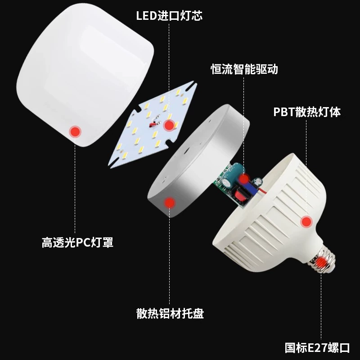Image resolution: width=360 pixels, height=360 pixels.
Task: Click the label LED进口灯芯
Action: pyautogui.click(x=169, y=16)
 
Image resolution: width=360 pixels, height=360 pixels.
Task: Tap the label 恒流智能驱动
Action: pyautogui.click(x=244, y=69)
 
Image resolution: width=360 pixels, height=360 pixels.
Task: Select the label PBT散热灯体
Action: pyautogui.click(x=307, y=112)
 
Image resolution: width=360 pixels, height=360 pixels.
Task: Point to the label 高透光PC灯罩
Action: pyautogui.click(x=77, y=242)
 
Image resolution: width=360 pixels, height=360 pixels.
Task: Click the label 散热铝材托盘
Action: pyautogui.click(x=170, y=313)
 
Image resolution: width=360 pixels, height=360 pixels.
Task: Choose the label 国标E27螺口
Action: pyautogui.click(x=317, y=347)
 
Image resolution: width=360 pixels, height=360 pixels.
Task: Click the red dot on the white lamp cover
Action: pyautogui.click(x=75, y=132)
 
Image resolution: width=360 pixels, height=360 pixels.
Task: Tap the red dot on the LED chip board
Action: pyautogui.click(x=169, y=126)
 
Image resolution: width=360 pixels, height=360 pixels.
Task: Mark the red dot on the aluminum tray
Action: pyautogui.click(x=170, y=203)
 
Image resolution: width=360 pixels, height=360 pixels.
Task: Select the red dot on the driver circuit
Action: pyautogui.click(x=244, y=179)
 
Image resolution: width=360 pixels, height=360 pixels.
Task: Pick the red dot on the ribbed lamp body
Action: pyautogui.click(x=306, y=222)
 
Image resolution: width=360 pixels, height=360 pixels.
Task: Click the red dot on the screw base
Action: pyautogui.click(x=321, y=262)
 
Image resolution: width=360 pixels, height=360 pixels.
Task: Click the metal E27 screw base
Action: pyautogui.click(x=322, y=260)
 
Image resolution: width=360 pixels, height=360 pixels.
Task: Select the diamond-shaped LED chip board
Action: pyautogui.click(x=153, y=125)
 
